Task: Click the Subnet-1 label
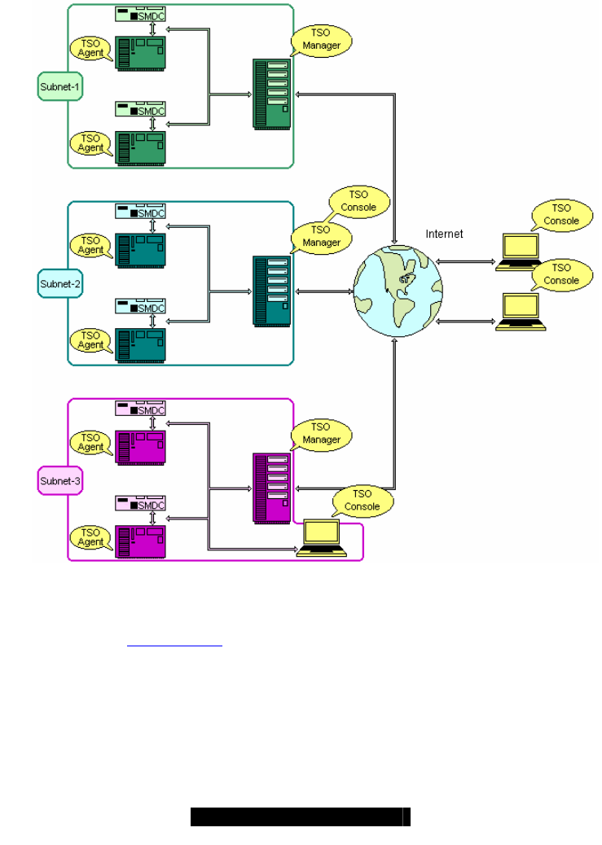(x=60, y=85)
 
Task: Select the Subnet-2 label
(x=60, y=284)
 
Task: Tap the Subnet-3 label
(x=60, y=482)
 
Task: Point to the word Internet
(x=444, y=234)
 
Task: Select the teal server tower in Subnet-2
(x=272, y=291)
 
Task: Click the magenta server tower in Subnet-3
(x=272, y=487)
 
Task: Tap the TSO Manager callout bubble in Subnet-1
(x=322, y=40)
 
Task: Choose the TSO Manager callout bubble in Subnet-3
(x=322, y=433)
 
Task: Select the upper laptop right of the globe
(x=521, y=251)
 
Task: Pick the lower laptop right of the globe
(x=521, y=312)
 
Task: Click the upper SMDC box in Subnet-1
(x=140, y=16)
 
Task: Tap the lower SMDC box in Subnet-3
(x=140, y=504)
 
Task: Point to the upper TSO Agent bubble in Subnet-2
(x=91, y=245)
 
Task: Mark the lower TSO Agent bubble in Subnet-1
(x=91, y=143)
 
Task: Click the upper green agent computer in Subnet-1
(x=141, y=53)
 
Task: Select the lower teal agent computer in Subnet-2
(x=141, y=345)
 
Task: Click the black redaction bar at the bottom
(x=300, y=817)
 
